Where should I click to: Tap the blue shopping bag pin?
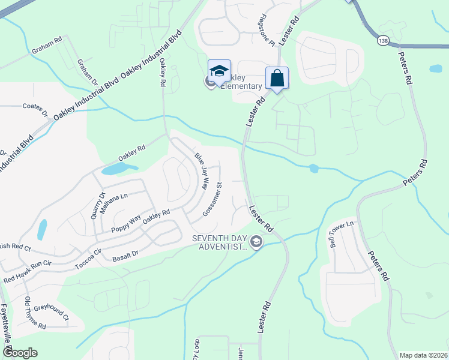(x=276, y=78)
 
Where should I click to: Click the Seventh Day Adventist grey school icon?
(x=256, y=242)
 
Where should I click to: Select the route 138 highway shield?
(x=382, y=40)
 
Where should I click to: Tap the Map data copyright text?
(x=424, y=355)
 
